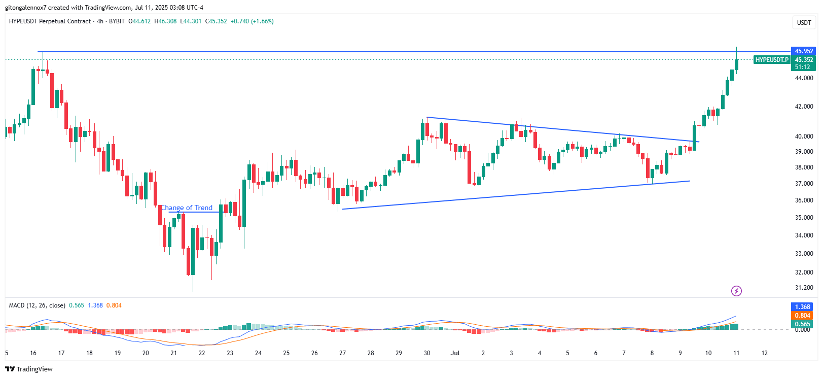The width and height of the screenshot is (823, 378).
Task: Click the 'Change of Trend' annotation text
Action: (x=187, y=208)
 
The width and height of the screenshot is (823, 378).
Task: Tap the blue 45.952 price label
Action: (x=804, y=51)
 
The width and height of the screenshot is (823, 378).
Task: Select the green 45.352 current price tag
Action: (x=804, y=60)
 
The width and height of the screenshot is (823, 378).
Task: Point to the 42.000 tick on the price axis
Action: (x=804, y=107)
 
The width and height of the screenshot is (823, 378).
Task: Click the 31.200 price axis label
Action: (x=804, y=288)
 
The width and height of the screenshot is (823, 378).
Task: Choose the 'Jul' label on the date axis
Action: (x=455, y=353)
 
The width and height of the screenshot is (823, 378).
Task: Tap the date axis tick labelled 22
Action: (x=202, y=353)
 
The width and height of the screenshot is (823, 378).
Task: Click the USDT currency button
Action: (x=804, y=22)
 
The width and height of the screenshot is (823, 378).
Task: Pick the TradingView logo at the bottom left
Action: (x=29, y=369)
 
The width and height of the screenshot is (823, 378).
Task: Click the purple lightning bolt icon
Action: (x=736, y=291)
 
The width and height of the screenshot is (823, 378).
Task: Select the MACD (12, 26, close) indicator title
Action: (x=37, y=305)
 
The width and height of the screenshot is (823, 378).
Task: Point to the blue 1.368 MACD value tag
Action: (x=802, y=307)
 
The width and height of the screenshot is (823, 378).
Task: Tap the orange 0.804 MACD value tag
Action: (x=802, y=316)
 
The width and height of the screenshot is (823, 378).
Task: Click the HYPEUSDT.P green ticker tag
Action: (x=772, y=60)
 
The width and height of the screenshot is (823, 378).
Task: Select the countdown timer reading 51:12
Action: (x=802, y=67)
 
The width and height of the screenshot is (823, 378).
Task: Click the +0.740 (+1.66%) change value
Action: (x=252, y=21)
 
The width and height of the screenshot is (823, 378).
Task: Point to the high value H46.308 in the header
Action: (x=165, y=21)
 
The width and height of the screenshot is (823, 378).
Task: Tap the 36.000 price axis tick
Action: (x=804, y=200)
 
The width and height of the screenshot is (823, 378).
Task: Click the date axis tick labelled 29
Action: (x=399, y=353)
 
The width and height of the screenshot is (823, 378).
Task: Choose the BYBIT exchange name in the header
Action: (x=117, y=21)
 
